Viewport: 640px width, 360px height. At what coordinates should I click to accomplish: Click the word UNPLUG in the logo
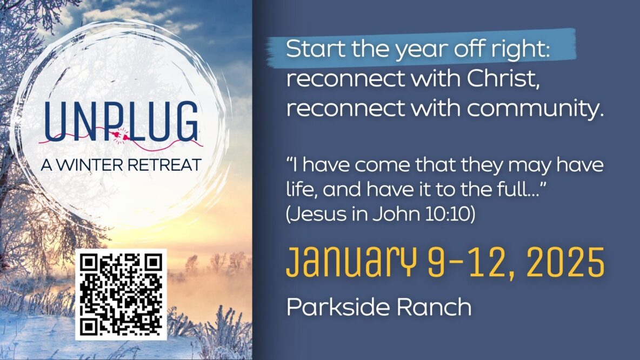coord(121,121)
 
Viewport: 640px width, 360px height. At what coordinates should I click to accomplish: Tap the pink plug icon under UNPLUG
coord(121,136)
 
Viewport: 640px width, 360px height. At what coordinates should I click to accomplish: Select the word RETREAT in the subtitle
coord(164,165)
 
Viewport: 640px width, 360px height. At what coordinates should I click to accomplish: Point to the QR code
coord(121,294)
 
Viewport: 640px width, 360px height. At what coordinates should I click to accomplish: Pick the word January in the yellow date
coord(351,262)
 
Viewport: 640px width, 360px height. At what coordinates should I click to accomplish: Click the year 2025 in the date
coord(565,262)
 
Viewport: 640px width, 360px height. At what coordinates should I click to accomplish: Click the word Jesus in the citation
coord(316,214)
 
